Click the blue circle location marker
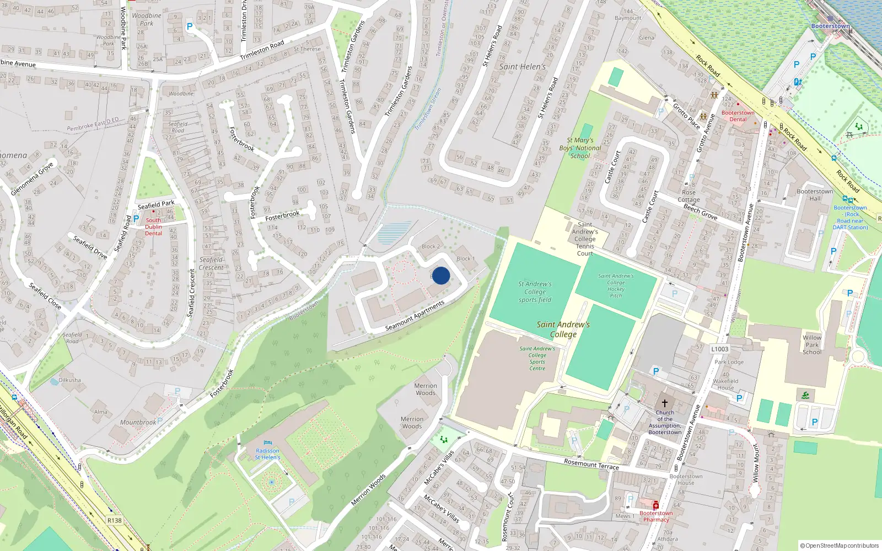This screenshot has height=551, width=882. point(441,275)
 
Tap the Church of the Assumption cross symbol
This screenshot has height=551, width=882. point(665,403)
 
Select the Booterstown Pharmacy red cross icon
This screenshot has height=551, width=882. point(655,505)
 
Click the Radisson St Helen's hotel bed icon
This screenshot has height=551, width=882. point(268,442)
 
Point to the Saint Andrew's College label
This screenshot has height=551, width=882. point(563,329)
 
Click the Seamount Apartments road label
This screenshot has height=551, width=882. point(415,316)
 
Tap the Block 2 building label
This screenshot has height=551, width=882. point(431,246)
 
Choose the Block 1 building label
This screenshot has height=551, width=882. point(465,258)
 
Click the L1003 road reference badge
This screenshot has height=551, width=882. point(719,349)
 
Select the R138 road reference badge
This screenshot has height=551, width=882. point(114,520)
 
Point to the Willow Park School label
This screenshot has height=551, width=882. point(811,345)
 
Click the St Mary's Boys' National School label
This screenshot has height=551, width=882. point(580,148)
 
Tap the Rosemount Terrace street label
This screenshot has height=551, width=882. point(591,463)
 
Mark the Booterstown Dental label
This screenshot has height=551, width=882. point(738,116)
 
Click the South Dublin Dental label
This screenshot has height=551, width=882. point(153,226)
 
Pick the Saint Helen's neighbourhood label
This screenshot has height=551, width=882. point(522,67)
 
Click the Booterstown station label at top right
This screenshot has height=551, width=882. point(830,26)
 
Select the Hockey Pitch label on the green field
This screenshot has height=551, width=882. point(616,286)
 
